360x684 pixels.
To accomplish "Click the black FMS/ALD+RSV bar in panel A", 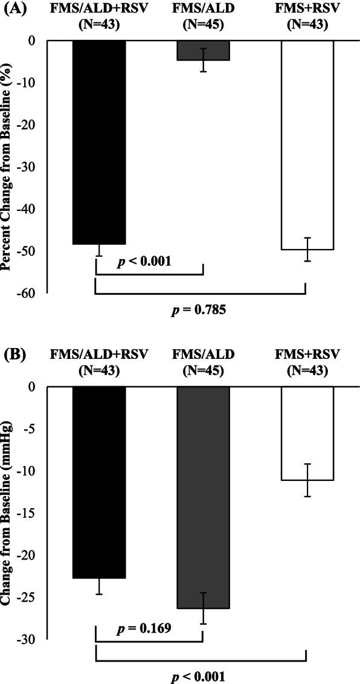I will click(99, 142).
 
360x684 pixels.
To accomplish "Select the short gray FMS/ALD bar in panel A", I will click(203, 51).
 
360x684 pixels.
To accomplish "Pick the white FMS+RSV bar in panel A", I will click(307, 145).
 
